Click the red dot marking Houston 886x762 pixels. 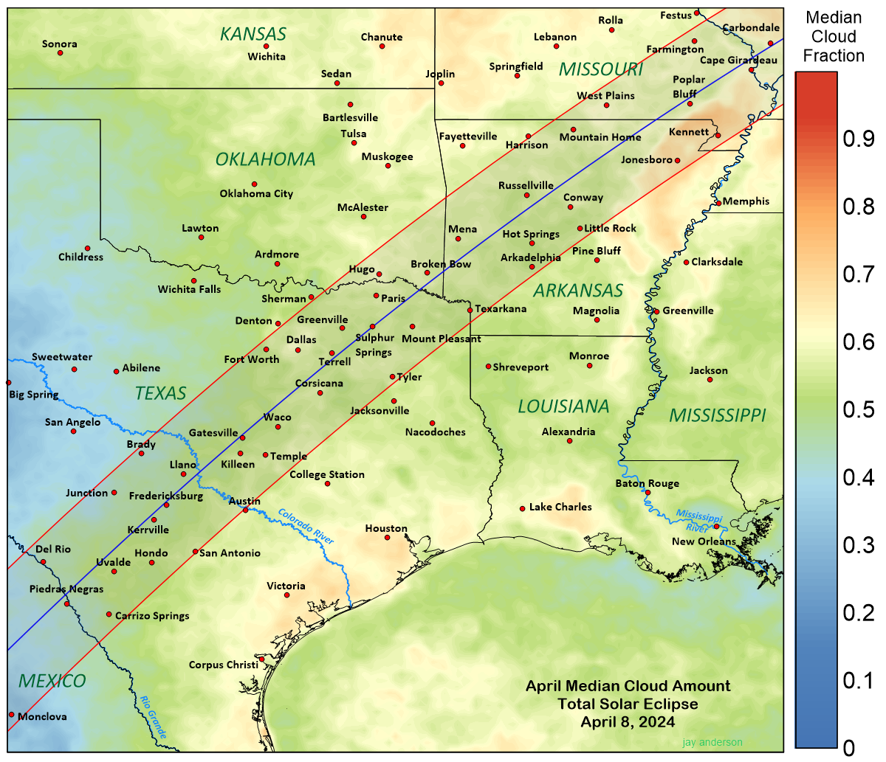387,537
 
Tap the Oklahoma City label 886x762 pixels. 256,194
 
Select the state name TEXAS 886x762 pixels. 161,393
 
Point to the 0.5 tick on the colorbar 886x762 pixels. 859,409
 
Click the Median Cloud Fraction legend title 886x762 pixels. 834,37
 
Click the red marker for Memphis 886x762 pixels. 718,203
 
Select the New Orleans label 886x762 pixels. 704,541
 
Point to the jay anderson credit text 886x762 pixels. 712,742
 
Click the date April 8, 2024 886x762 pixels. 628,721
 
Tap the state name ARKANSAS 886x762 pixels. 578,291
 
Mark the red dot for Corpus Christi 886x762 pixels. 261,659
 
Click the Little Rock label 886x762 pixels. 610,229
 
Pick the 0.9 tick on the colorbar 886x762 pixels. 859,139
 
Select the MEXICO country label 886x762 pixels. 52,681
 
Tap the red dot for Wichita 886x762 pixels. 267,46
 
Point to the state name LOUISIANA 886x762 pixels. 563,406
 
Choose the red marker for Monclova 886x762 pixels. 12,714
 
